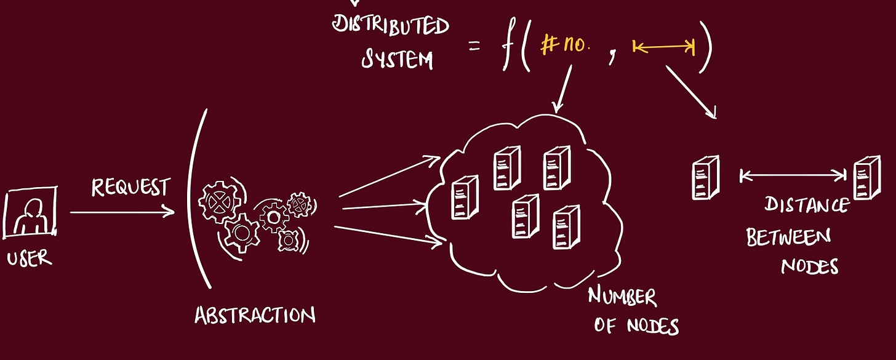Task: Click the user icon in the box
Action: [x=30, y=213]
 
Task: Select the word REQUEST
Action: [x=131, y=187]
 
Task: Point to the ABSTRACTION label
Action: [x=255, y=315]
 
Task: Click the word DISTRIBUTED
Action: [x=391, y=25]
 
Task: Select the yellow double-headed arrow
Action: [x=663, y=47]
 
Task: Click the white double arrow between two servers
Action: [x=793, y=176]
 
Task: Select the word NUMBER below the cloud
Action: [x=622, y=298]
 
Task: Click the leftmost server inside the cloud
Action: [x=465, y=197]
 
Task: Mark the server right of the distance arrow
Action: [x=866, y=177]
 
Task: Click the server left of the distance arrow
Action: [x=705, y=177]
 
